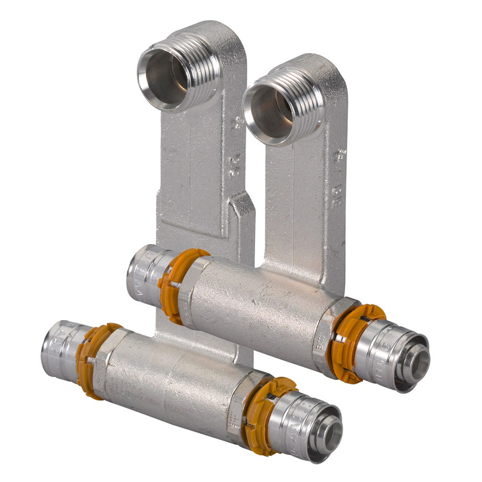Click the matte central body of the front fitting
(172, 382)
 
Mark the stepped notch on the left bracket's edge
(242, 205)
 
